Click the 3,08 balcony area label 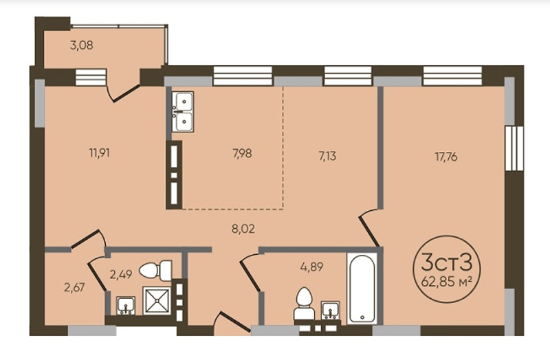point(82,45)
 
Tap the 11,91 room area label point(100,153)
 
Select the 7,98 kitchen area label point(242,153)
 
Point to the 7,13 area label point(327,156)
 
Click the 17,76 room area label point(445,157)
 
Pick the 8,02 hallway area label point(243,229)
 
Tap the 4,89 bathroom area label point(311,267)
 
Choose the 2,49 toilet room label point(121,274)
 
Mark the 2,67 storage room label point(74,287)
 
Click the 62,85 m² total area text point(445,281)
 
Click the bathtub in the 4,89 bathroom point(362,289)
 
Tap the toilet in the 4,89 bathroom point(303,304)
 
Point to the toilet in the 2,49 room point(155,270)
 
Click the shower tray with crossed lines point(157,300)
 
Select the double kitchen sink point(183,111)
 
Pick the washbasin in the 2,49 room point(126,305)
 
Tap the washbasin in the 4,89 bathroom point(331,311)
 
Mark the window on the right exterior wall point(514,148)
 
